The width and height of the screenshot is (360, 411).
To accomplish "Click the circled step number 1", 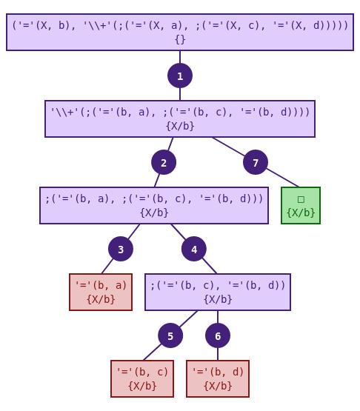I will pos(180,76).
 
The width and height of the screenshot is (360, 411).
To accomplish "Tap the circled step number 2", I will pos(164,162).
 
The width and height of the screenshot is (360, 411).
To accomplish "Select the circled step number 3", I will pos(121,249).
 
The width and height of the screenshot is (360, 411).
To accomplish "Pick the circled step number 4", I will pos(194,249).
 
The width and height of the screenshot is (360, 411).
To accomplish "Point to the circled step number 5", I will pos(170,335).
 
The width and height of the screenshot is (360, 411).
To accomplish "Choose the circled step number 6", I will pos(218,335).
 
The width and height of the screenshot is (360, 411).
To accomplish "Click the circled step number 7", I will pos(256,162).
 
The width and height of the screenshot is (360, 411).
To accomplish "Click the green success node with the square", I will pos(301,205).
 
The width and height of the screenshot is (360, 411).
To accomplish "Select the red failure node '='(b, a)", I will pos(101,292).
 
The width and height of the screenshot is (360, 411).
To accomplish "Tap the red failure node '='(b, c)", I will pos(142,378).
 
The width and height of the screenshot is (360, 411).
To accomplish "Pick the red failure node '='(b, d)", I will pos(218,378).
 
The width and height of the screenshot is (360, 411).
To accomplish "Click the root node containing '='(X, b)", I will pos(180,32).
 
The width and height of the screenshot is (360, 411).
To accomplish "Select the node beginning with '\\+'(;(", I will pos(180,118).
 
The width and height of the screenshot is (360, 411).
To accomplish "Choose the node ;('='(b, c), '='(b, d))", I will pos(218,292).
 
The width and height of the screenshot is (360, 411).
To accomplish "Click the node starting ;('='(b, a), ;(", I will pos(154,205).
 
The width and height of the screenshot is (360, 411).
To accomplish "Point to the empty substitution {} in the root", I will pos(180,39).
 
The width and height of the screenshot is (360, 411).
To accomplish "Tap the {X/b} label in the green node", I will pos(301,213).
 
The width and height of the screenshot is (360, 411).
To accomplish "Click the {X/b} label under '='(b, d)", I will pos(218,386).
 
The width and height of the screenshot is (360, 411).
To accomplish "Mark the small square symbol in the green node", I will pos(301,198).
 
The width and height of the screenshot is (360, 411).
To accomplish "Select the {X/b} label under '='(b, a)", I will pos(101,299).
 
